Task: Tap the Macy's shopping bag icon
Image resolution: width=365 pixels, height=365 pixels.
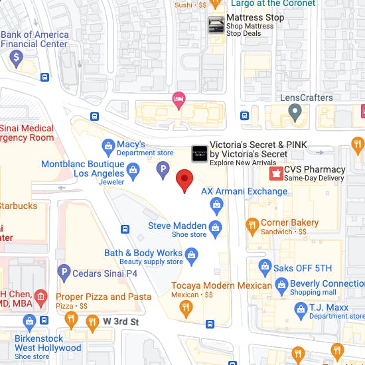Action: click(108, 145)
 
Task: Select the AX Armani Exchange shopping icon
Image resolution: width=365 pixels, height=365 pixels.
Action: click(216, 207)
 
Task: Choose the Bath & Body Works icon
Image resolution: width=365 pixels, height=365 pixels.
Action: click(192, 254)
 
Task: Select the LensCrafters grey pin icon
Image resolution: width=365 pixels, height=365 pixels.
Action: click(295, 113)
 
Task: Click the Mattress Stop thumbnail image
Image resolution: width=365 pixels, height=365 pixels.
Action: click(216, 25)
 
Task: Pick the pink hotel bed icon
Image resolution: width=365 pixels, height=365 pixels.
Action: click(178, 100)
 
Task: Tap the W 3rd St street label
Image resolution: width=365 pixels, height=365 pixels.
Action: click(119, 322)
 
